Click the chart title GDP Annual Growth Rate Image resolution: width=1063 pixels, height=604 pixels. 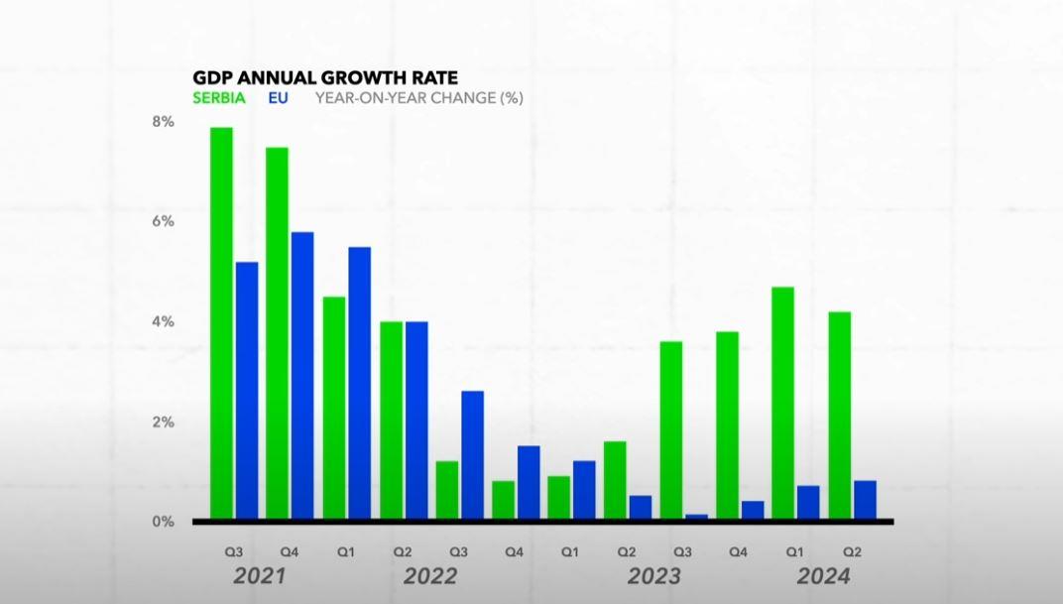pos(324,77)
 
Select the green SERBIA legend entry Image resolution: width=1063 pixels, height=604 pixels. pos(219,98)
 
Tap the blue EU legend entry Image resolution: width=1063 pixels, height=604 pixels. pos(278,98)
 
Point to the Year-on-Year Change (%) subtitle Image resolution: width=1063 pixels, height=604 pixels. pos(418,98)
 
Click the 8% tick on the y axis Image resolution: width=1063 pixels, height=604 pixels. pos(163,122)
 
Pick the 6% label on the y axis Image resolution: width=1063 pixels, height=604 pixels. pos(163,221)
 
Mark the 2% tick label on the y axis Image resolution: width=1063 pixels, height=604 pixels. pos(163,423)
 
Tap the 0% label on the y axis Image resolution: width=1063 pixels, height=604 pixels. pos(163,522)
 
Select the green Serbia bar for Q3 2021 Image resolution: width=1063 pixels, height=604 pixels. pos(221,322)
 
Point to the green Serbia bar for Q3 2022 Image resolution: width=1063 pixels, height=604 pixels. pos(447,490)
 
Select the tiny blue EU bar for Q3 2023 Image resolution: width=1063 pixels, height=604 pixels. pos(696,516)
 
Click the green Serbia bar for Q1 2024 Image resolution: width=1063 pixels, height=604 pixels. pos(783,403)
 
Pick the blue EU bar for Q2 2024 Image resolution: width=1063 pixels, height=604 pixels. pos(865,500)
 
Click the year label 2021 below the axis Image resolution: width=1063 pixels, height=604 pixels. pos(260,576)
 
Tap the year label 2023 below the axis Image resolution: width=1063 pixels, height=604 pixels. pos(653,576)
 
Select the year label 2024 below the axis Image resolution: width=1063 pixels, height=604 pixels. pos(823,576)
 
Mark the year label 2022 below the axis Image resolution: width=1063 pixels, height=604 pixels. pos(429,576)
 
